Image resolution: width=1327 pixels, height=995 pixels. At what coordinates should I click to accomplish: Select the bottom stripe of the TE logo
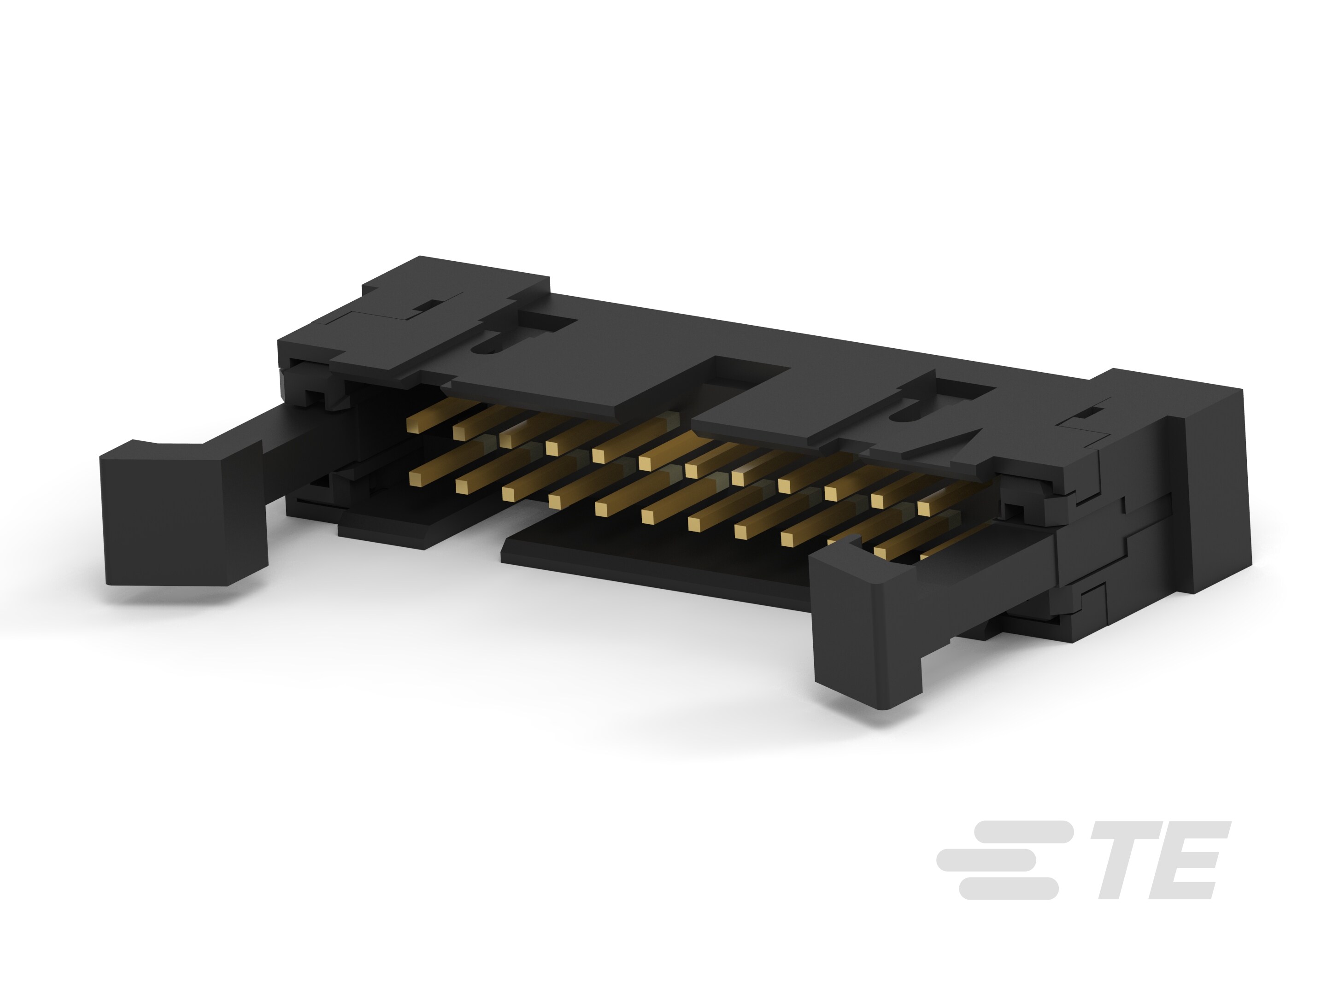[1008, 889]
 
